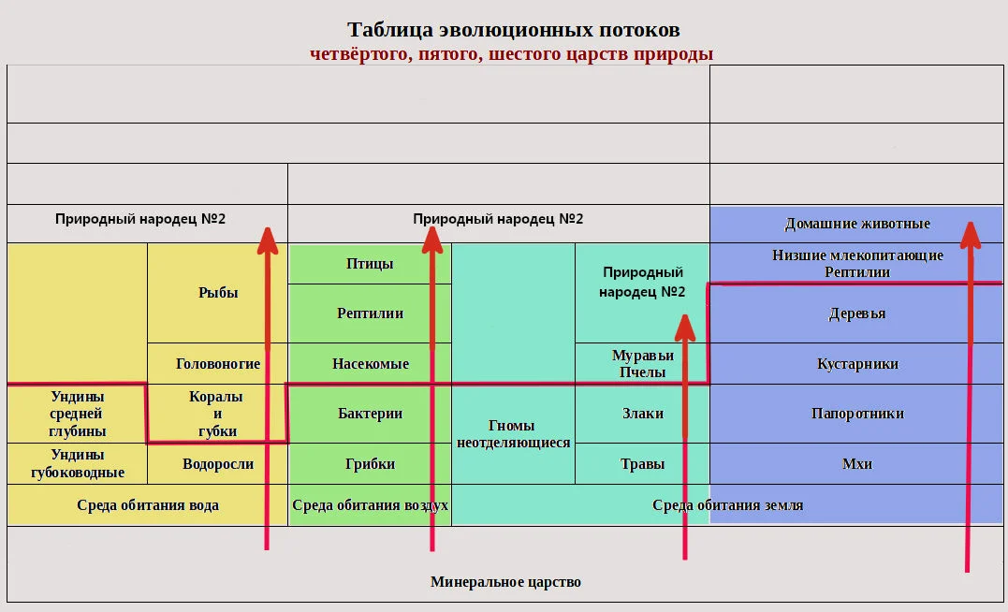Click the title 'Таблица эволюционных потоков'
512,30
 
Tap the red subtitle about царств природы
512,53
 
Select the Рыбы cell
218,293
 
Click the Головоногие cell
218,364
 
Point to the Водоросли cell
218,464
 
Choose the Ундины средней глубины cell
77,414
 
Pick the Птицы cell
370,264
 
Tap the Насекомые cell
370,364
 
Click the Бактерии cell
370,414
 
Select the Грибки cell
370,464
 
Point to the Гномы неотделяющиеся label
513,434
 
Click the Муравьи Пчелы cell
642,364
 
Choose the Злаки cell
642,414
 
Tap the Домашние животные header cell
856,225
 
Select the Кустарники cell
856,364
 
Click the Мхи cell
856,464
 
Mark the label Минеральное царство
505,582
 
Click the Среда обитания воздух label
370,505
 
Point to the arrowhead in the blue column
969,235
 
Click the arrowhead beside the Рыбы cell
268,240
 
